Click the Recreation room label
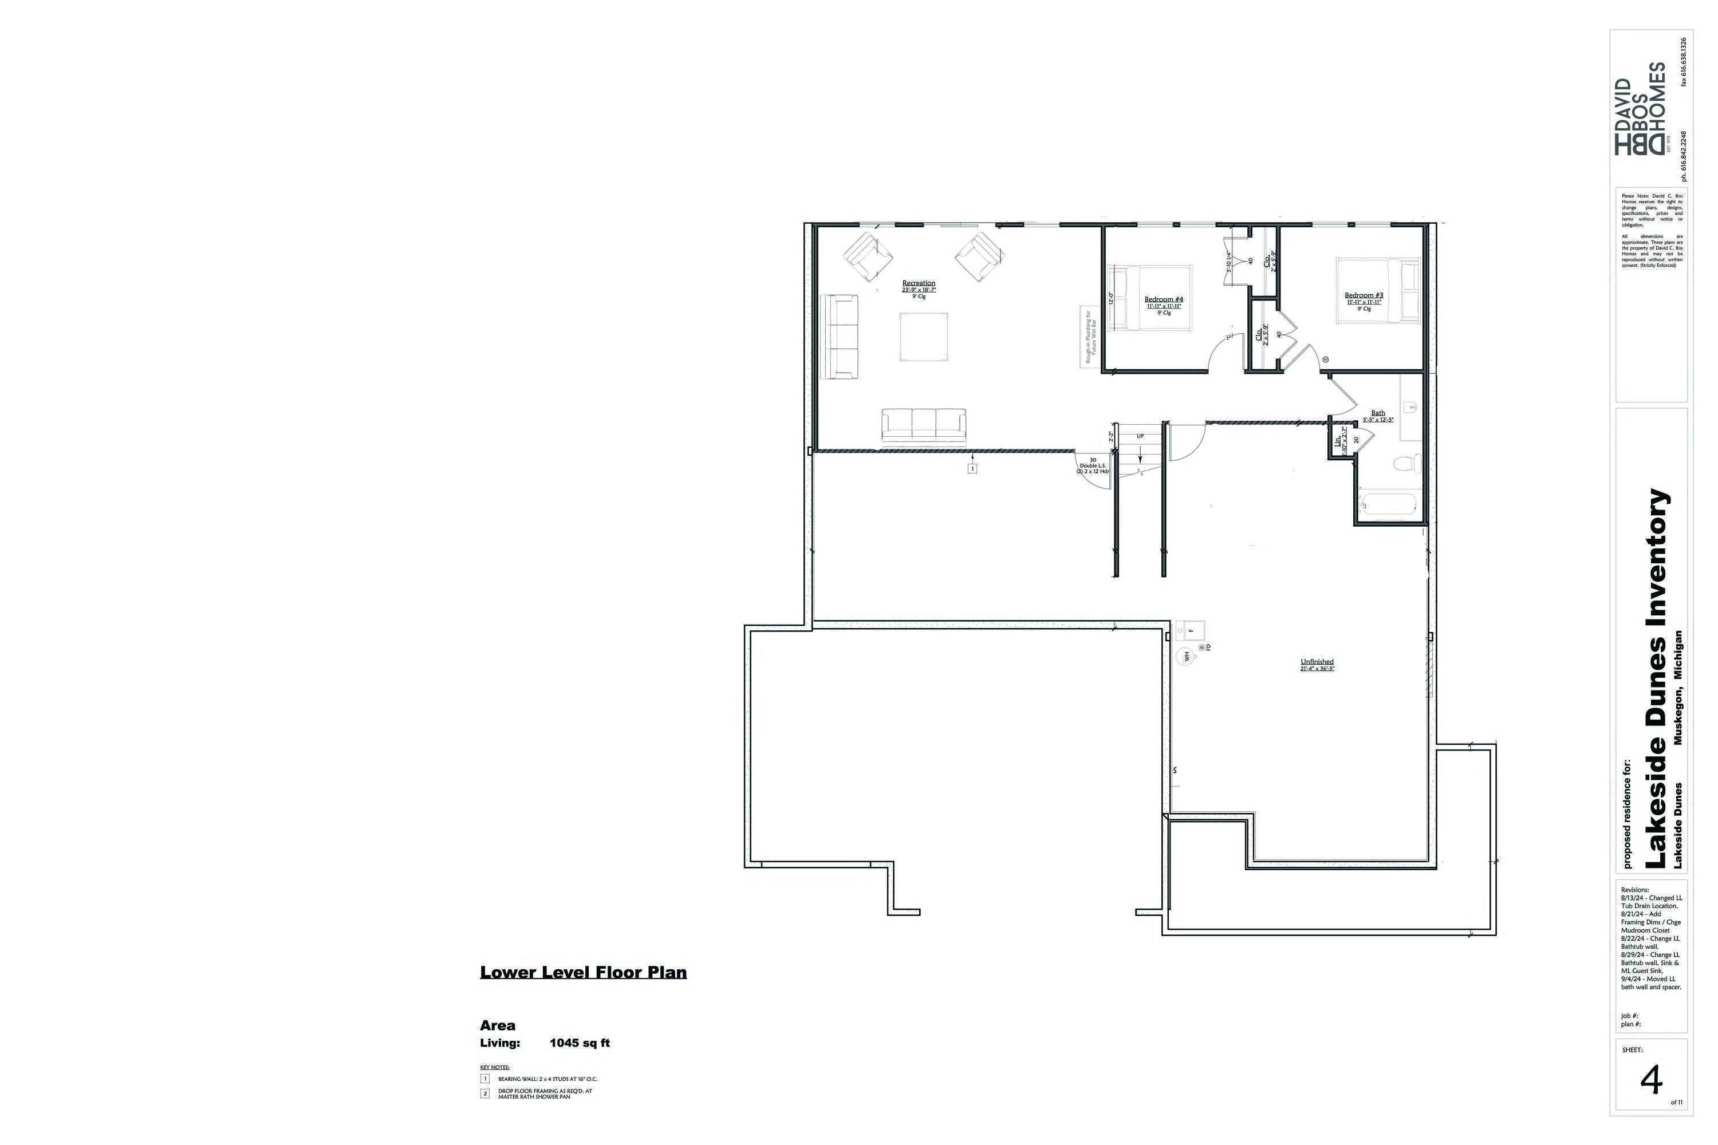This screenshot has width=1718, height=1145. click(x=918, y=283)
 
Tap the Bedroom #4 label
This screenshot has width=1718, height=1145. click(x=1163, y=299)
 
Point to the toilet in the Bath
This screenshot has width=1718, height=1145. click(x=1406, y=463)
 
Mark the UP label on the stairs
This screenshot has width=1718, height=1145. click(x=1140, y=436)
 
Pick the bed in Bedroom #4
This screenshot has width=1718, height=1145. click(x=1150, y=298)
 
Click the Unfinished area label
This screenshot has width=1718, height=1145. click(x=1317, y=662)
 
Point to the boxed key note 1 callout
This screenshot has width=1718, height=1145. click(x=972, y=468)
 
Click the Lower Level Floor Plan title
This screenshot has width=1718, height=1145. click(x=583, y=973)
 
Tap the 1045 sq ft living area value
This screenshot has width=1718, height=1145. click(x=579, y=1044)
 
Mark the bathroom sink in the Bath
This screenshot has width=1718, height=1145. click(x=1411, y=406)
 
